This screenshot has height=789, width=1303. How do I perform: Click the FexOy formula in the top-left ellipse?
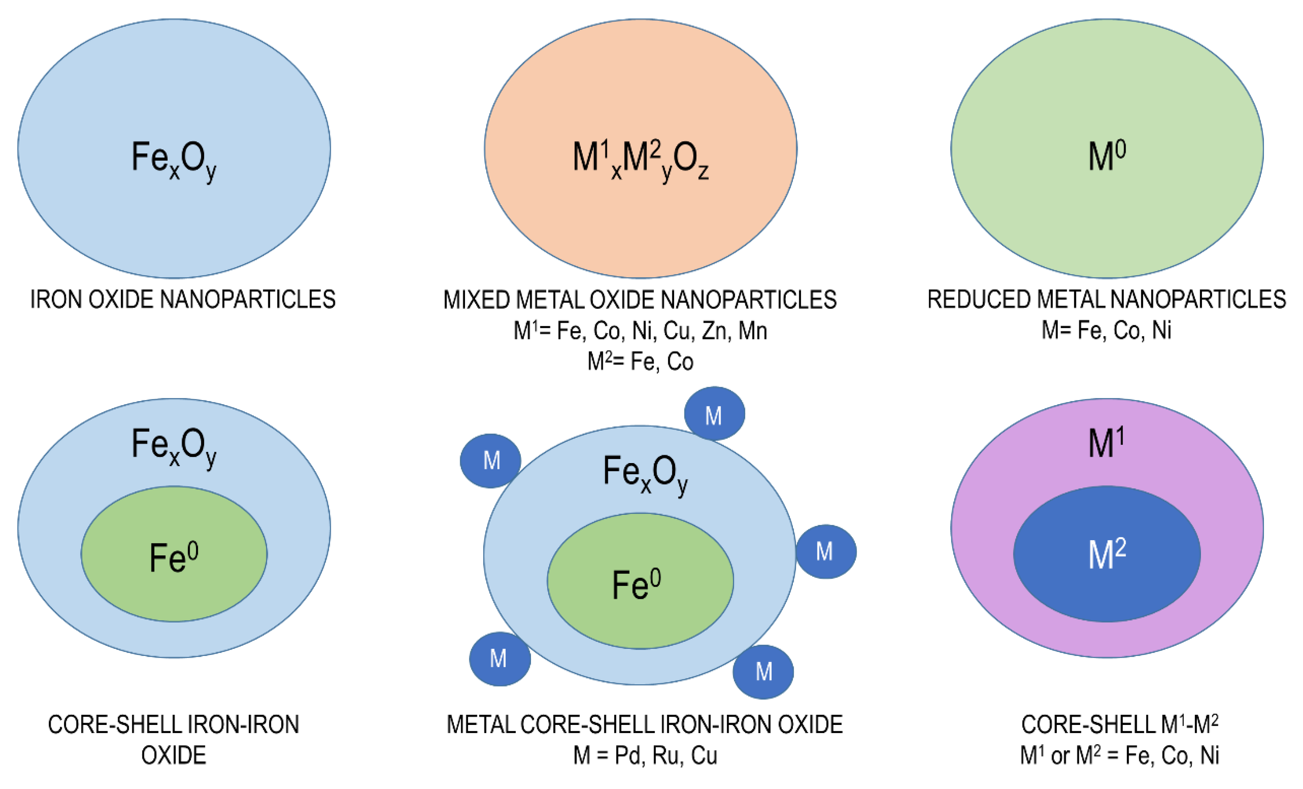tap(174, 160)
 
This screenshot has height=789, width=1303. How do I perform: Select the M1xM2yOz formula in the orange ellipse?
tap(641, 160)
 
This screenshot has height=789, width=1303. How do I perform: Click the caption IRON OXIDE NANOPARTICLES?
tap(183, 299)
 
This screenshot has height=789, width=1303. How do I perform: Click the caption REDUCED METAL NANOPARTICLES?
tap(1107, 299)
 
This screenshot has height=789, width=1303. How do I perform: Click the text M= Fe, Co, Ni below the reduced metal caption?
tap(1106, 330)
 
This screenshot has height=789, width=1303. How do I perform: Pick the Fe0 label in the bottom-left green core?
tap(174, 558)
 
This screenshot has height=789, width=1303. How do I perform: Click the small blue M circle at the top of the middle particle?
tap(714, 413)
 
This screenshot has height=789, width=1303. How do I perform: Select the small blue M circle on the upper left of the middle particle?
tap(491, 460)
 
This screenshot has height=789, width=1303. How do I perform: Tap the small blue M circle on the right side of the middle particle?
tap(825, 552)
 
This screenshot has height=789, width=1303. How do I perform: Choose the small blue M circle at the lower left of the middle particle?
tap(499, 659)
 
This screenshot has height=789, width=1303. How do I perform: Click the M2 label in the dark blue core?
tap(1107, 554)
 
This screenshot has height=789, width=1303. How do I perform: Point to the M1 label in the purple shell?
tap(1106, 443)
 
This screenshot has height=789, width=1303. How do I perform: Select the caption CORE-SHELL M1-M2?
tap(1120, 725)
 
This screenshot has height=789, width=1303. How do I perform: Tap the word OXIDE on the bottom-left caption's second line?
tap(174, 755)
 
